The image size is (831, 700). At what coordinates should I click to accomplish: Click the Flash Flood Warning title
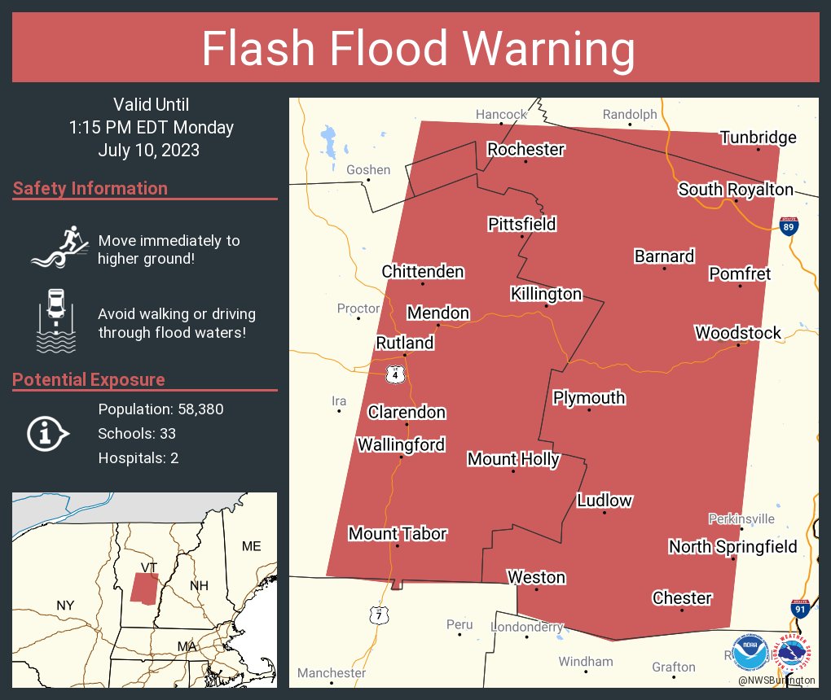418,50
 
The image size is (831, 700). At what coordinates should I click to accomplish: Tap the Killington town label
546,294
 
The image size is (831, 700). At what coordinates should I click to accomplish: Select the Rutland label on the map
404,343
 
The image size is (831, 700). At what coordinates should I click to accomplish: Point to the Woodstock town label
737,332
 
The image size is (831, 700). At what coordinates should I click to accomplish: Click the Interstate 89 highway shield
788,225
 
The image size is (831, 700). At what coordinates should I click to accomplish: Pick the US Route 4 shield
394,374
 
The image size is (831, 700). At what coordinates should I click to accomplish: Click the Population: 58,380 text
160,409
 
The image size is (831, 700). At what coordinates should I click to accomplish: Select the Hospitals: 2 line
138,457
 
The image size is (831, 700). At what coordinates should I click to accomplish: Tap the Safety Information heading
90,188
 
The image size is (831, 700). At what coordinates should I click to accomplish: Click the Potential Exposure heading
89,379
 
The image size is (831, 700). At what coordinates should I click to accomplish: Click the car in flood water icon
56,321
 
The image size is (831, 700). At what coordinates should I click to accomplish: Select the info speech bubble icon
48,433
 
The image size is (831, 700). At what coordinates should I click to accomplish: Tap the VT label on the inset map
148,567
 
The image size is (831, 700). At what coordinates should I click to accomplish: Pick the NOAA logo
750,651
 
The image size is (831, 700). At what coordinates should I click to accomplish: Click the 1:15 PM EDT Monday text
152,127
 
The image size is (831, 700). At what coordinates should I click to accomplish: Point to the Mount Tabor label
398,533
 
